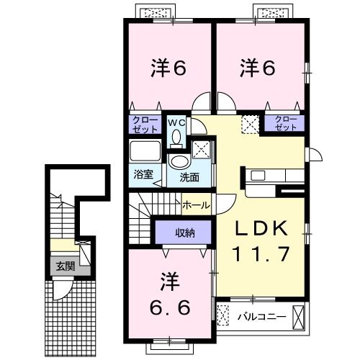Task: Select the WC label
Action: point(177,123)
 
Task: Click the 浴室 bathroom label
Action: point(143,174)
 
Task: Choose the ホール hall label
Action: point(196,205)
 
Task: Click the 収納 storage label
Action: point(185,232)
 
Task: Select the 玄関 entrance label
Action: point(66,266)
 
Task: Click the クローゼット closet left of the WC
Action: point(145,123)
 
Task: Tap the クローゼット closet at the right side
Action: point(286,123)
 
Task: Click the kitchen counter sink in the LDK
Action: point(257,175)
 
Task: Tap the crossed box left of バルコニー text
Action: point(224,315)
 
